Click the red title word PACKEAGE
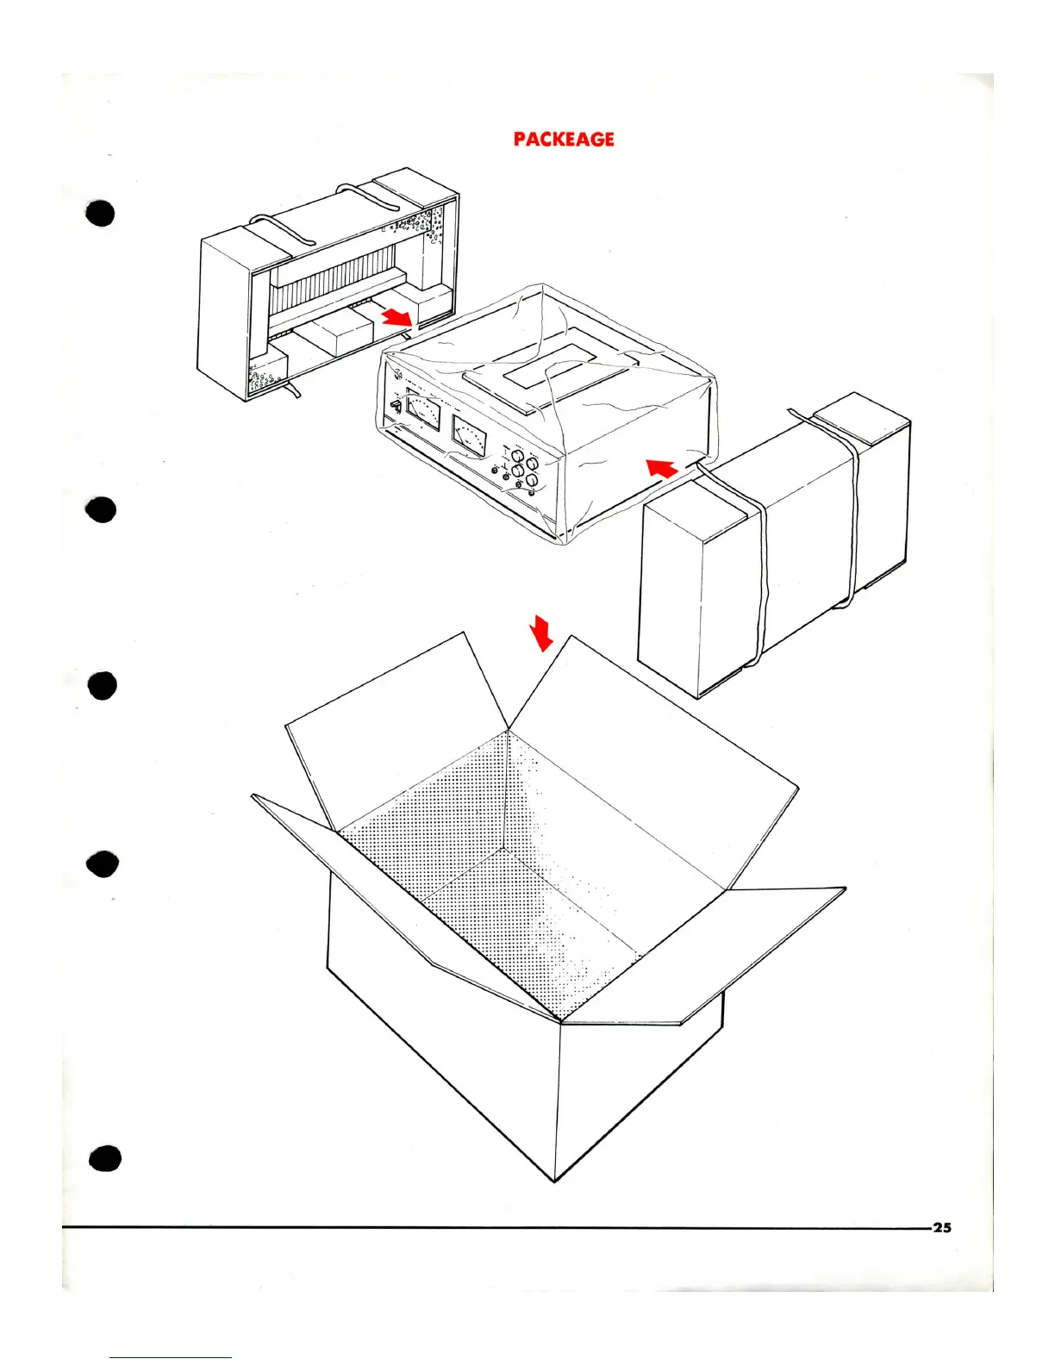(564, 139)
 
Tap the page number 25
(942, 1227)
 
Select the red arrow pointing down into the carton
(542, 633)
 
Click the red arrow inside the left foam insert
(397, 317)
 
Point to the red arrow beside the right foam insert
(661, 468)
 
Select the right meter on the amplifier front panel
(469, 436)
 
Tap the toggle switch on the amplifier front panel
(395, 405)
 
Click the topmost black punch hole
(101, 213)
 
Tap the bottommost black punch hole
(103, 1159)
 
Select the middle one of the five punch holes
(102, 686)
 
